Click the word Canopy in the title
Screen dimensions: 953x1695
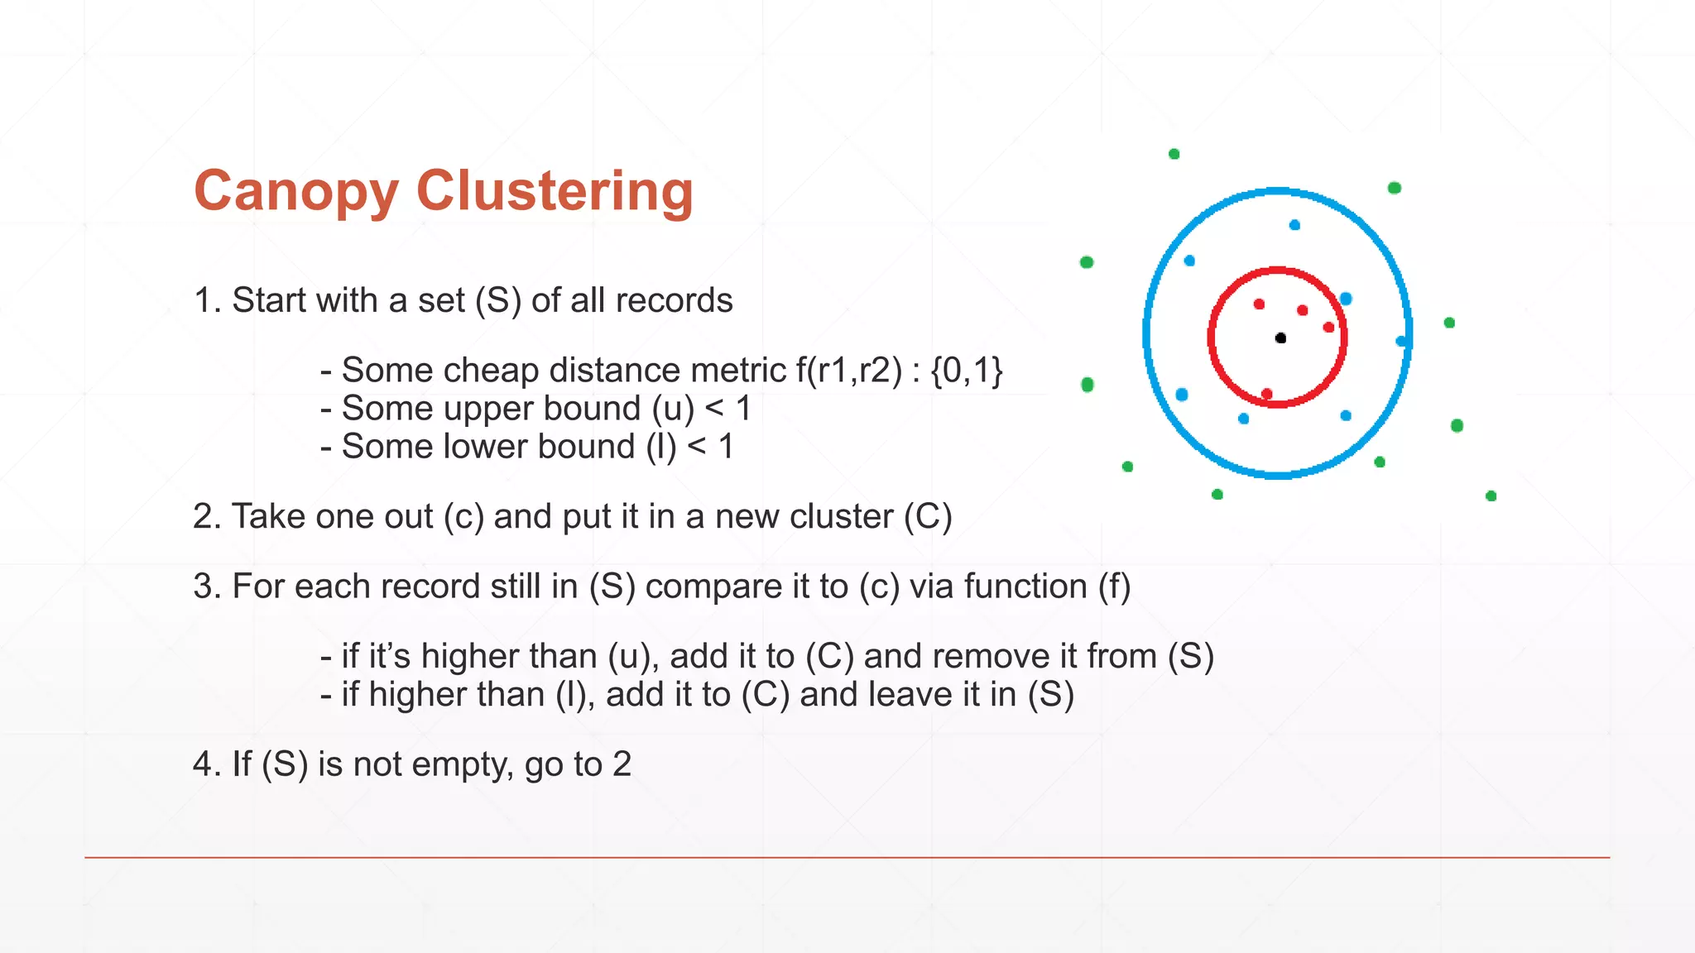[x=296, y=192]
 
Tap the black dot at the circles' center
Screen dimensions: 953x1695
[x=1280, y=338]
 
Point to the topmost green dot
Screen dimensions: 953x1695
[x=1174, y=154]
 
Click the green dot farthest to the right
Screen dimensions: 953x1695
[x=1491, y=496]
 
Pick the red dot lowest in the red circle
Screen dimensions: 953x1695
[x=1266, y=394]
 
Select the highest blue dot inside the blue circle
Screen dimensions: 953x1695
[x=1294, y=225]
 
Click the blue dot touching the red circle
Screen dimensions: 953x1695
[x=1346, y=299]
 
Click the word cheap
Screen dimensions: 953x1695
[x=490, y=370]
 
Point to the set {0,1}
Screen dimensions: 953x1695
[x=967, y=370]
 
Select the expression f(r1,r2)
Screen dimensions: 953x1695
[x=848, y=370]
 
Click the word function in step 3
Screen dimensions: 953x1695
[x=1025, y=587]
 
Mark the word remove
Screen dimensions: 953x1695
[x=1003, y=657]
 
